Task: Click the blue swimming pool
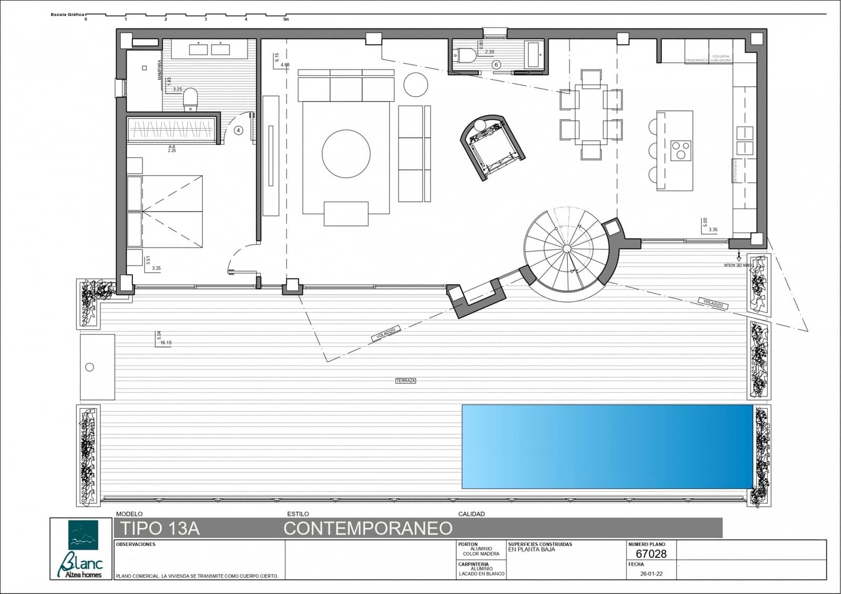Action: [607, 446]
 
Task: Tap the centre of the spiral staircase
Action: [567, 248]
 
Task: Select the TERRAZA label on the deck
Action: [405, 381]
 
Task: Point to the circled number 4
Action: [239, 130]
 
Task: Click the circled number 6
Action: [496, 65]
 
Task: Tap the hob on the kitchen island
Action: [681, 150]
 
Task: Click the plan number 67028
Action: [651, 554]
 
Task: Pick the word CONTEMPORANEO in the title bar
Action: [368, 528]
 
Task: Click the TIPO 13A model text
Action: [160, 528]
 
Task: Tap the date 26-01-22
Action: [652, 574]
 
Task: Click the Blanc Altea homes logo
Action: [83, 549]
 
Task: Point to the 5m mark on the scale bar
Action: [286, 19]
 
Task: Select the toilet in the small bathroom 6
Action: [466, 55]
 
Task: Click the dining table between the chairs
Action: [591, 114]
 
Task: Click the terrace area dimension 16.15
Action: [166, 342]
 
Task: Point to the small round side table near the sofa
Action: [415, 84]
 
